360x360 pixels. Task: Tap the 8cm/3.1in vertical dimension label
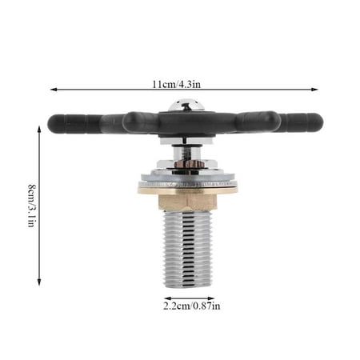[x=30, y=205]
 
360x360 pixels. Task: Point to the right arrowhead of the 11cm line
[x=316, y=90]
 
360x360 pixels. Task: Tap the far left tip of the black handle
[x=50, y=122]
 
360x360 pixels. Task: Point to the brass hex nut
[x=188, y=198]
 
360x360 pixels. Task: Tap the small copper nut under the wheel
[x=189, y=163]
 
